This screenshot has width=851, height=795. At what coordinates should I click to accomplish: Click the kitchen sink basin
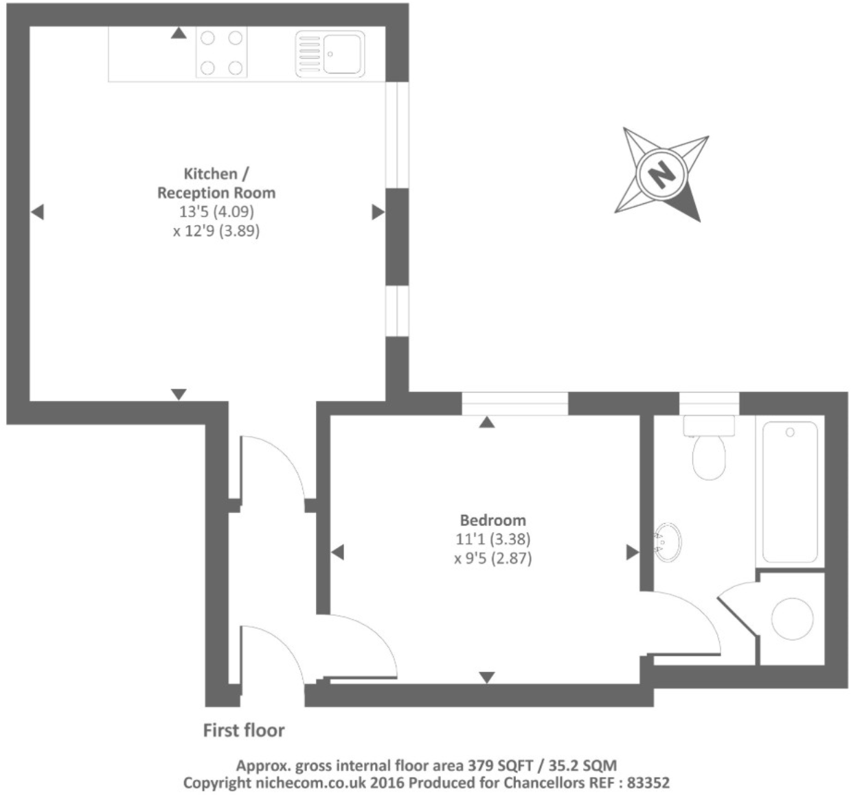(x=343, y=53)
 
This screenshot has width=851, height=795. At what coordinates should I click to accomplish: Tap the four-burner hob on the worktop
(x=221, y=52)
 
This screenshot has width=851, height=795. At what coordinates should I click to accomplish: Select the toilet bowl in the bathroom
(x=709, y=458)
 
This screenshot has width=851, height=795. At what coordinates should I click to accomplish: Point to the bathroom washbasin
(x=667, y=542)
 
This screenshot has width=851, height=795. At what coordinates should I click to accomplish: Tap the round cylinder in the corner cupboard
(x=792, y=619)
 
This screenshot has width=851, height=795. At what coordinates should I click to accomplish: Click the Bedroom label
(x=492, y=520)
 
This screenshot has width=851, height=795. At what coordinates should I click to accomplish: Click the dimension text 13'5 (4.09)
(x=216, y=211)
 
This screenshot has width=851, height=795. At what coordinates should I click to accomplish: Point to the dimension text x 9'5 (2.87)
(x=492, y=558)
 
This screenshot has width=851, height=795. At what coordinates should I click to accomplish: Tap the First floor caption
(x=244, y=730)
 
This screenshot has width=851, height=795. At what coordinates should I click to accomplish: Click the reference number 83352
(x=646, y=782)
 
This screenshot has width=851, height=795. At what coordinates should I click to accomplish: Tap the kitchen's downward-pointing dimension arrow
(x=179, y=394)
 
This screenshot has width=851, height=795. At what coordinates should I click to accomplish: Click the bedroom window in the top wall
(x=515, y=404)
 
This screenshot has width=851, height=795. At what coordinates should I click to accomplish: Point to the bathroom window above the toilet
(x=709, y=402)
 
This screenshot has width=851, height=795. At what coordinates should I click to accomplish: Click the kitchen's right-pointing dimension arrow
(x=378, y=212)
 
